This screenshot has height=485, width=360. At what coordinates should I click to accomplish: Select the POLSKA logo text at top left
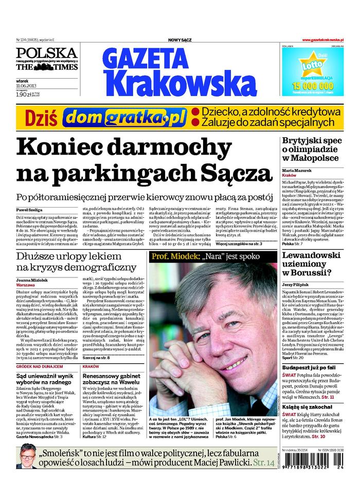pos(47,52)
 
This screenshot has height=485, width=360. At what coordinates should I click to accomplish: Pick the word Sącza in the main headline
pos(240,172)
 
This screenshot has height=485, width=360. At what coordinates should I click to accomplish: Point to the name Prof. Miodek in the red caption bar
pos(171,256)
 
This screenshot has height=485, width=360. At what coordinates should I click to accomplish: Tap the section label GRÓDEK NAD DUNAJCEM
pos(40,367)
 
